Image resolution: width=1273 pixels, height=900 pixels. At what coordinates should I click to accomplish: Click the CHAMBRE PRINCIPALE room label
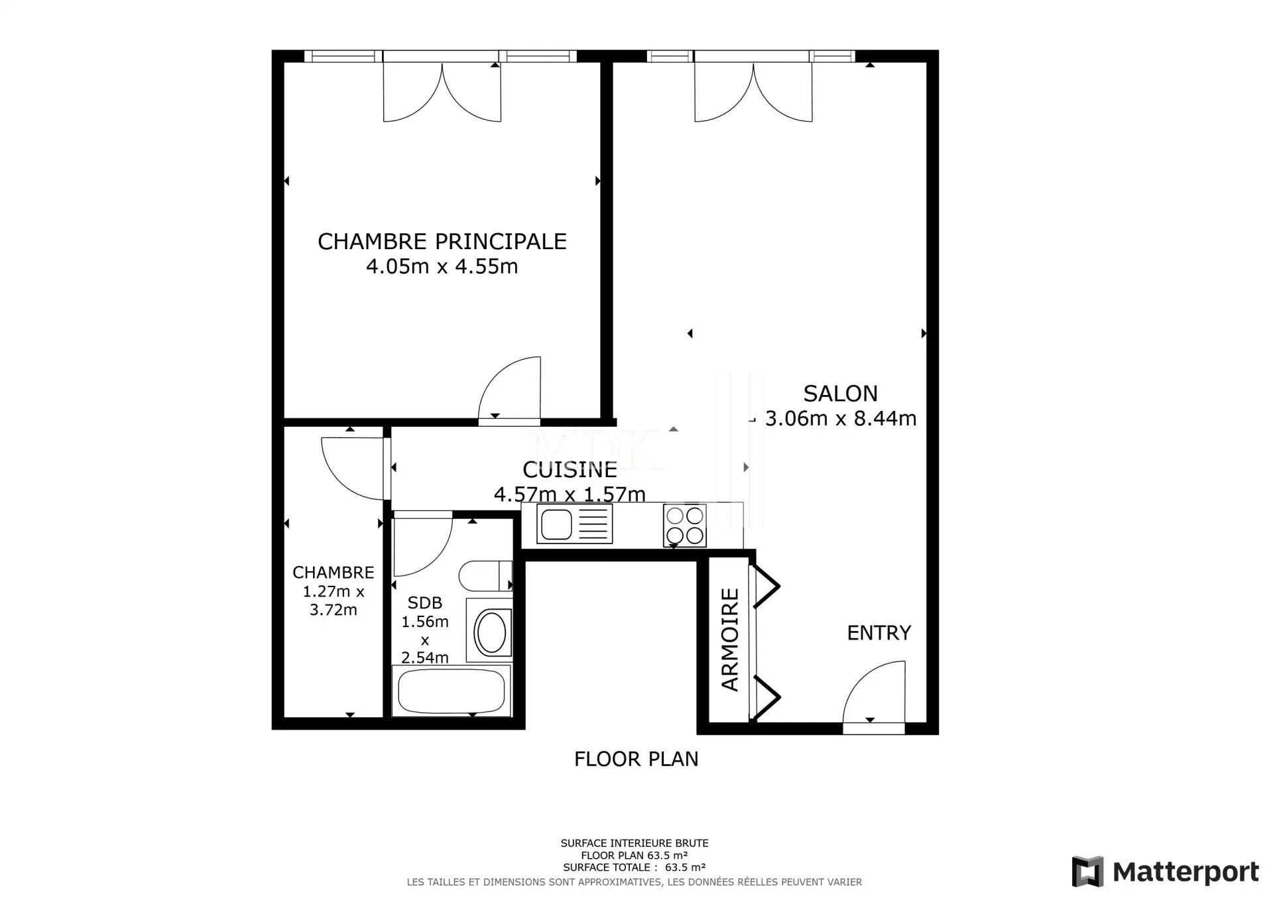tap(442, 241)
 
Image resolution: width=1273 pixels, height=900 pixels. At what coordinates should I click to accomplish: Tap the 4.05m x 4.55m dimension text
tap(442, 266)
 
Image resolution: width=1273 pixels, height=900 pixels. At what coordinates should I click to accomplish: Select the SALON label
tap(840, 394)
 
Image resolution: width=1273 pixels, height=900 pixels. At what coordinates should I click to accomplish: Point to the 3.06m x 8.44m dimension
tap(841, 419)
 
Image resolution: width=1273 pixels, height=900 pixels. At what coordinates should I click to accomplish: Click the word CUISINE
tap(570, 470)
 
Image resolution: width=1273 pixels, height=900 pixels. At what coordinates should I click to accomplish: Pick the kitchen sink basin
tap(556, 524)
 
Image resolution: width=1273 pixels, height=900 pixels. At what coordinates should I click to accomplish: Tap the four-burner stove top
tap(685, 526)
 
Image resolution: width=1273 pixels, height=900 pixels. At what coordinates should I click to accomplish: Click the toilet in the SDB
tap(485, 575)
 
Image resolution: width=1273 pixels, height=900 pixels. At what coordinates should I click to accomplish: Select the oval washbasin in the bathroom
tap(491, 633)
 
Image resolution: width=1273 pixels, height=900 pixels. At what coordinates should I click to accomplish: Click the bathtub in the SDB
tap(452, 691)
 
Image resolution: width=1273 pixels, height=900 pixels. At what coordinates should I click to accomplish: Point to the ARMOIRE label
tap(730, 640)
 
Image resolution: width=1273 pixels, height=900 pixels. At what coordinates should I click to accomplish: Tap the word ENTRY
tap(879, 633)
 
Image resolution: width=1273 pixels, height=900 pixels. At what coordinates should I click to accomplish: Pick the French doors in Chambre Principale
tap(442, 92)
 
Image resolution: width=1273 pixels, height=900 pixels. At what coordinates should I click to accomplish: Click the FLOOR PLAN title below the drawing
tap(636, 759)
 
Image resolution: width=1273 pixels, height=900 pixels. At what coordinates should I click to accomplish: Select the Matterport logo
tap(1166, 872)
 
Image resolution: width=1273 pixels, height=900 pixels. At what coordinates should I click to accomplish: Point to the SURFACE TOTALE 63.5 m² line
tap(635, 867)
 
